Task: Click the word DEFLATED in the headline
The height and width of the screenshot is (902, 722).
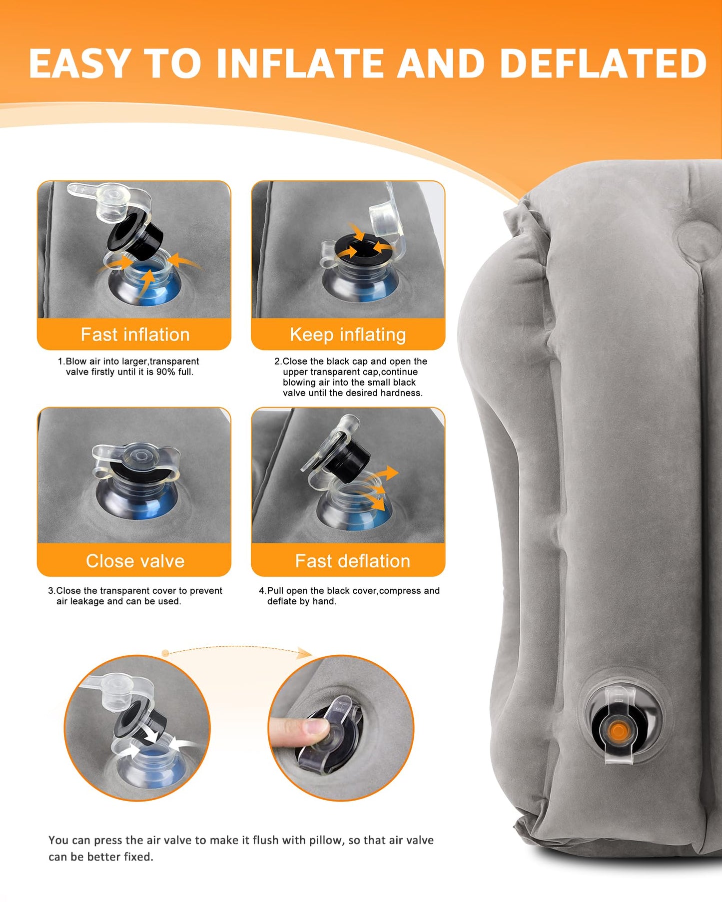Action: click(x=603, y=63)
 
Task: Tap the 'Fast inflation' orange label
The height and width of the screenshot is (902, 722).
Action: click(x=135, y=334)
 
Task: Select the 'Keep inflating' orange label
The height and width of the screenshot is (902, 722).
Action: click(x=348, y=334)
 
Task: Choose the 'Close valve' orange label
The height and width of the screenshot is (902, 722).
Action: click(x=135, y=560)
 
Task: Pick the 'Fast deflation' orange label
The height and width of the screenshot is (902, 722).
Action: click(x=352, y=560)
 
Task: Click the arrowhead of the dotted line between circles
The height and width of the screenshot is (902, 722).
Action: click(x=305, y=653)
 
